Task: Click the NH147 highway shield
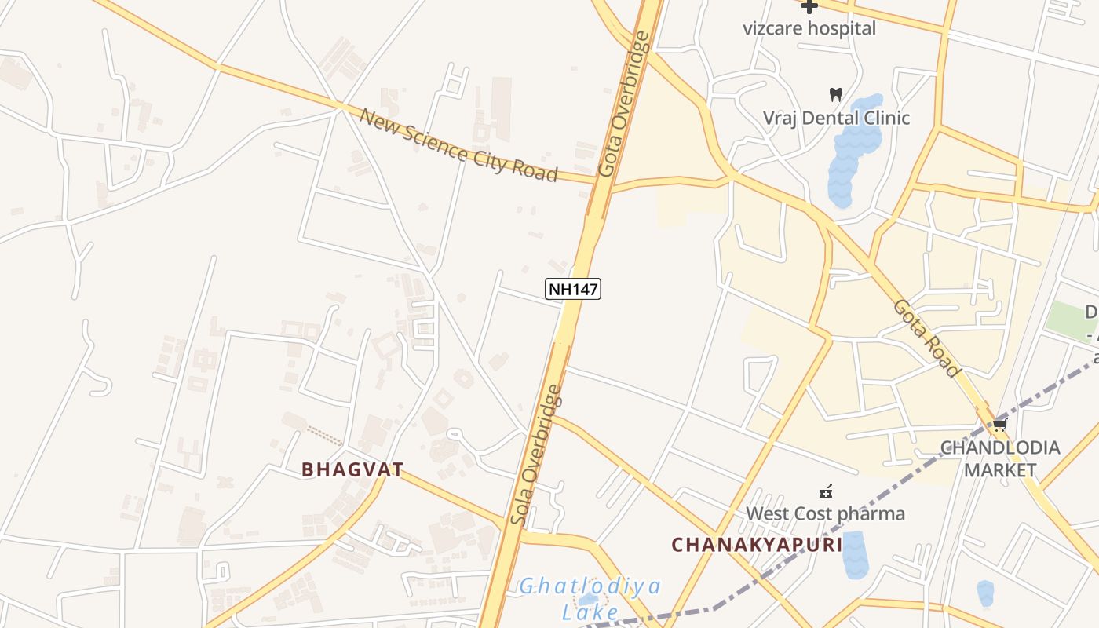573,289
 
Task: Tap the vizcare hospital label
809,28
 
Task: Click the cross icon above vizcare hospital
809,6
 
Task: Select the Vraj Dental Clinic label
837,118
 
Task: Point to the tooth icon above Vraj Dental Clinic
836,94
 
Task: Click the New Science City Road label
458,145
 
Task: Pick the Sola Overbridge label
536,455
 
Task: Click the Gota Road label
926,338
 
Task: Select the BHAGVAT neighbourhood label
352,470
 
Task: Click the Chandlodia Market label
1000,459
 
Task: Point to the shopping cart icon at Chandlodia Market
999,425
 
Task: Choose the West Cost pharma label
825,514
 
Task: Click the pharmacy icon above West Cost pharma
825,492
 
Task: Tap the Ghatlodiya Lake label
590,599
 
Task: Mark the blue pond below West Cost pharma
854,555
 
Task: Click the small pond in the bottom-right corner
985,593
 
